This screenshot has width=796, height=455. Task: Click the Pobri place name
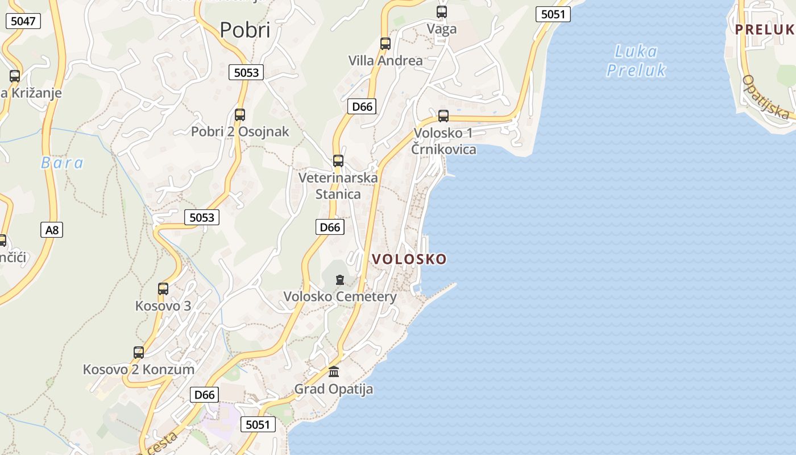click(245, 30)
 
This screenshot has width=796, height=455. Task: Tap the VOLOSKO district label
click(409, 259)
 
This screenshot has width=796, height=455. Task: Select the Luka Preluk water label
click(636, 61)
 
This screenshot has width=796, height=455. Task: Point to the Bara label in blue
click(62, 163)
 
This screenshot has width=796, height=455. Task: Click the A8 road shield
click(52, 230)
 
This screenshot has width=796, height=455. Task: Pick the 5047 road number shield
click(23, 22)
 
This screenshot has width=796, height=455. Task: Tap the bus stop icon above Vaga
click(442, 11)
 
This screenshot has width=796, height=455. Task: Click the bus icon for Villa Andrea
click(385, 43)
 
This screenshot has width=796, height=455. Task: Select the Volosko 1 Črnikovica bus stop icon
click(443, 116)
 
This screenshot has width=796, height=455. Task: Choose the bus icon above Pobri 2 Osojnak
click(240, 115)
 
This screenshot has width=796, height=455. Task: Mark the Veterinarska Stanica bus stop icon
click(338, 161)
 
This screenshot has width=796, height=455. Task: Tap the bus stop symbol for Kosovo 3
click(163, 289)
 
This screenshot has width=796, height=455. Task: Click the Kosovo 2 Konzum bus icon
click(139, 353)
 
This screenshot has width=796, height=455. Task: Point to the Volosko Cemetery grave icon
click(340, 280)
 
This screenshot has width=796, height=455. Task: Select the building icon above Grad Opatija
click(334, 372)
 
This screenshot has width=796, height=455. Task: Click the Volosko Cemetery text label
click(340, 296)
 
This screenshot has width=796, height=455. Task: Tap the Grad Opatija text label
click(333, 389)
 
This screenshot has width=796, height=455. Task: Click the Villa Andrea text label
click(385, 60)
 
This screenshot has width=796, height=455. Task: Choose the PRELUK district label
click(764, 30)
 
